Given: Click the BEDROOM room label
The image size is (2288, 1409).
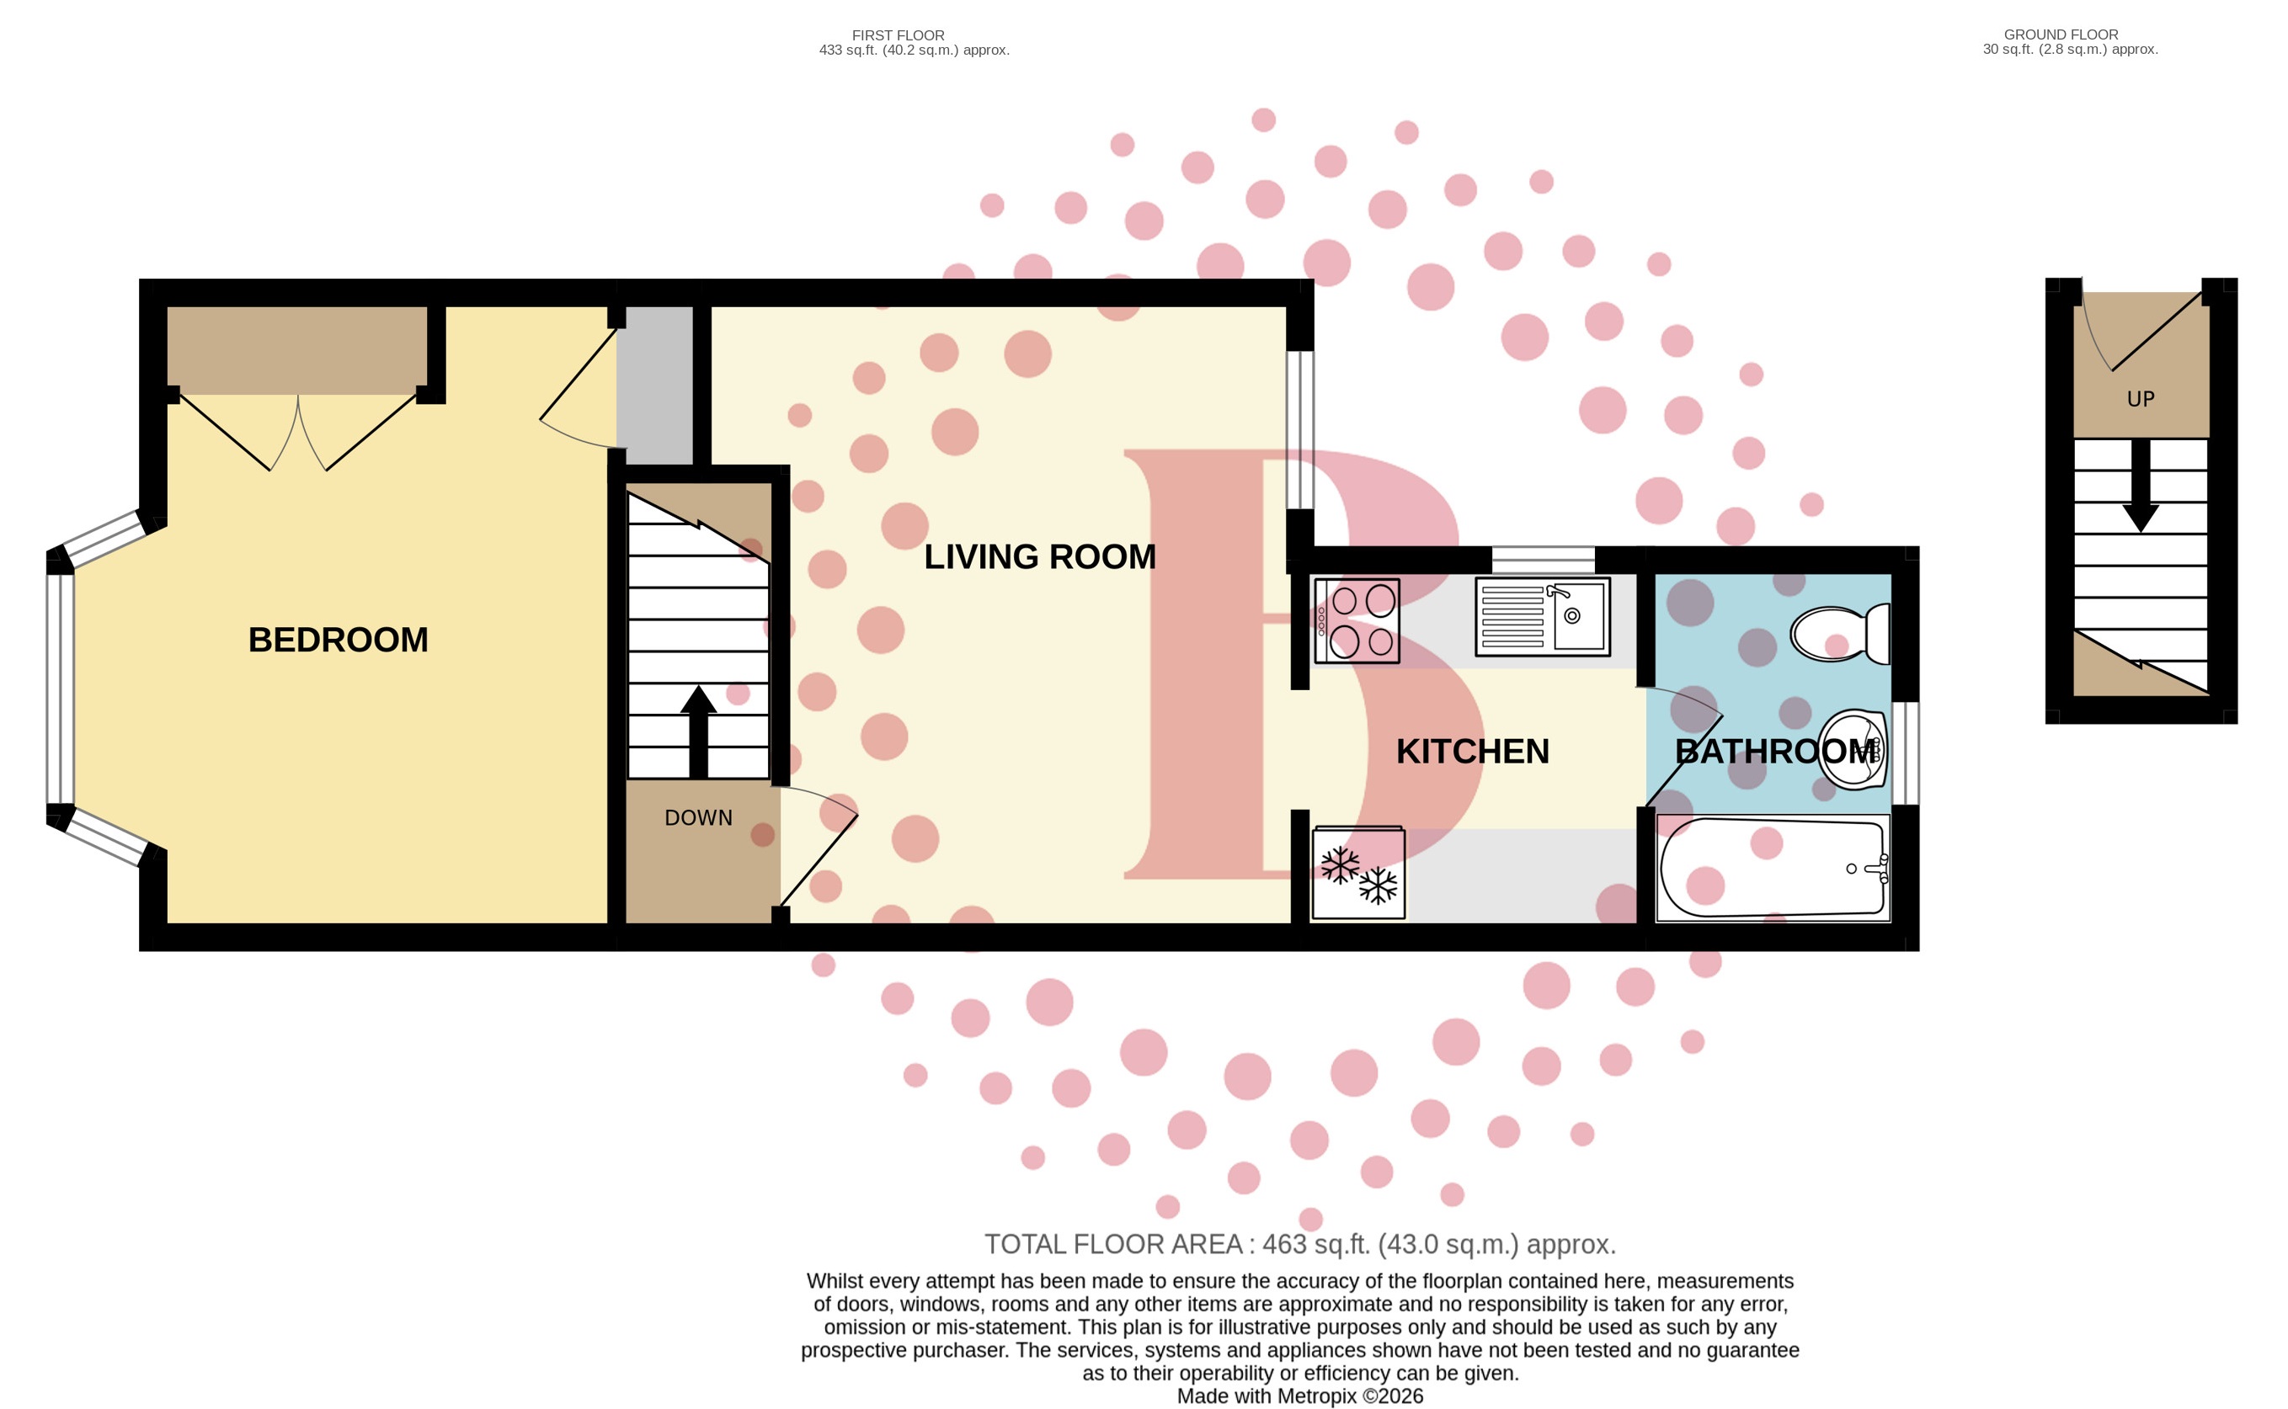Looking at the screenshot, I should coord(338,641).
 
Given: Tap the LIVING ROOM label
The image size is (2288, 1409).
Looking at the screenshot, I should coord(1038,557).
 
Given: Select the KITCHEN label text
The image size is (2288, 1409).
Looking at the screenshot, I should coord(1471,752).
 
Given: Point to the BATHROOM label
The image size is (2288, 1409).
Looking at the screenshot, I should coord(1775,752).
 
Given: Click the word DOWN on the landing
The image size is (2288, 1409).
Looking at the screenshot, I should coord(697,818).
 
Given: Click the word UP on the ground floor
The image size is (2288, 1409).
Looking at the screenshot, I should coord(2140,399).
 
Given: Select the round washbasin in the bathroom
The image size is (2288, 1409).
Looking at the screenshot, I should coord(1852,750).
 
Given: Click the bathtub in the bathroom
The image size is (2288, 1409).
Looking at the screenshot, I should coord(1772,869).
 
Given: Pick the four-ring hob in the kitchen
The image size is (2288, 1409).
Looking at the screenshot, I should coord(1357,621).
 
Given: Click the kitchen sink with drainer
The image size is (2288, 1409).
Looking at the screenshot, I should coord(1542,616).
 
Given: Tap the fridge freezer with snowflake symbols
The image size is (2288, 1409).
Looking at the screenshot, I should coord(1357,874).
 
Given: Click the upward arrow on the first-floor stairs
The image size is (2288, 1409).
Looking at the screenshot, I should coord(697,731).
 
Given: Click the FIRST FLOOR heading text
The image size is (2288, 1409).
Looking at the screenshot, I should coord(897,35).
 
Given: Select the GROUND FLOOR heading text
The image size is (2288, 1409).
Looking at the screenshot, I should coord(2061,35).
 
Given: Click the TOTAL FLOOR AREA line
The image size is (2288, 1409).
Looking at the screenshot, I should coord(1299,1244).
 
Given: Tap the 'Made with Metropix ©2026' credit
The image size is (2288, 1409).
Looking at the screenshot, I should coord(1299,1396).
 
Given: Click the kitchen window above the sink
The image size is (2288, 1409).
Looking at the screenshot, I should coord(1542,560).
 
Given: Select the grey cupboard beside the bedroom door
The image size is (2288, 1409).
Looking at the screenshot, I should coord(659,385).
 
